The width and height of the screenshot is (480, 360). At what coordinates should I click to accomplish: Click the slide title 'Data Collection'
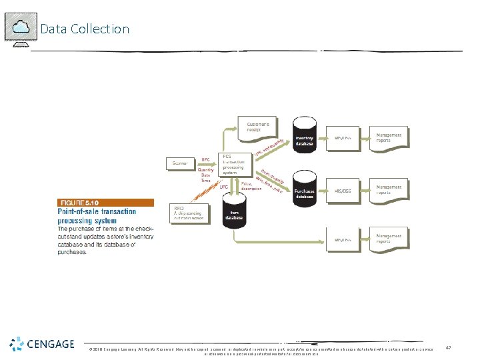tap(85, 29)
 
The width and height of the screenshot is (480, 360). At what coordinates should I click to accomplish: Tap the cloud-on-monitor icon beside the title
tap(20, 29)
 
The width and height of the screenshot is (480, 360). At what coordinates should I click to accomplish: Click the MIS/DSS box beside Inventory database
tap(343, 139)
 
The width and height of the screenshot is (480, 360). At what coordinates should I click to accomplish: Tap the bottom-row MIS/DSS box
tap(343, 239)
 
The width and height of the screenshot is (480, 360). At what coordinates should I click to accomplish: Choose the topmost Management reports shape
tap(389, 138)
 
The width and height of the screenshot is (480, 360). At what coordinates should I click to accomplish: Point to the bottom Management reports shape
tap(389, 238)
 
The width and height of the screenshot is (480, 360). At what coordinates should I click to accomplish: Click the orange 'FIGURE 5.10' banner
tap(105, 203)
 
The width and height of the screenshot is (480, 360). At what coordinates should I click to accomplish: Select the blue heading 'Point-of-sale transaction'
tap(97, 211)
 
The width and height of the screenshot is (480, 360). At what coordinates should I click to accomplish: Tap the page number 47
tap(449, 347)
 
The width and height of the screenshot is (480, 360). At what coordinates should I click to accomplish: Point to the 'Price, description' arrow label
tap(251, 185)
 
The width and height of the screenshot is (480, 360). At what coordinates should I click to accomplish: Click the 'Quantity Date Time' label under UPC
tap(206, 175)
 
